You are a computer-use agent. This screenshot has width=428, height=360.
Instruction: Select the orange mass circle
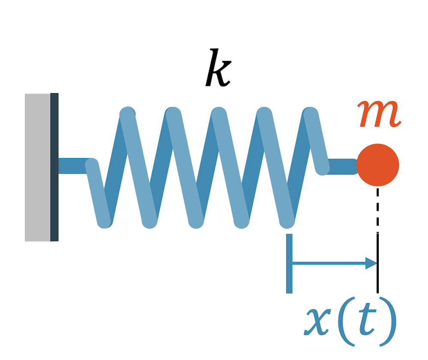click(x=377, y=165)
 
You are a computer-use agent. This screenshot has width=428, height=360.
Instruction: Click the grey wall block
click(x=37, y=167)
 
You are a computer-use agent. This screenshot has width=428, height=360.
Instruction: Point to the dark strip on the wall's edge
click(x=54, y=167)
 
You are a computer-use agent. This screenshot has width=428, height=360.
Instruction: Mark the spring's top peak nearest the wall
click(x=128, y=113)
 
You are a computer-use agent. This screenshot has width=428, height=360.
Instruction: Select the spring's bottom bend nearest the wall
click(x=104, y=221)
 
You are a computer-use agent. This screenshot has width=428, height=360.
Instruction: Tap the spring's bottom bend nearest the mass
click(x=287, y=221)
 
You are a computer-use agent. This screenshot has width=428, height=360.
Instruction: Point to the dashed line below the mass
click(x=377, y=210)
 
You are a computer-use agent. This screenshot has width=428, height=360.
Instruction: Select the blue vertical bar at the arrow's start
click(x=289, y=263)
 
